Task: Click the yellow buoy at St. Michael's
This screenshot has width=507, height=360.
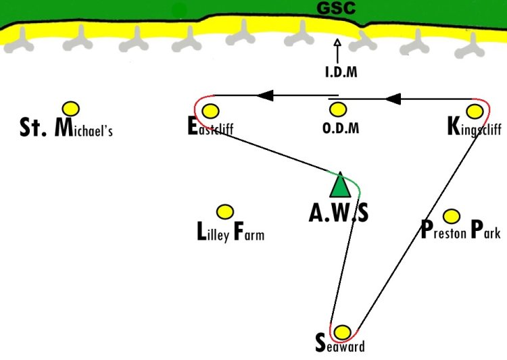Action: point(71,109)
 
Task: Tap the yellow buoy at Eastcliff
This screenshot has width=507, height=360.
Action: point(210,111)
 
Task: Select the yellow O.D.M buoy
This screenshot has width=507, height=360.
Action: point(338,109)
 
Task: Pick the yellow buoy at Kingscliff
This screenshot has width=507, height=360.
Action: point(475,111)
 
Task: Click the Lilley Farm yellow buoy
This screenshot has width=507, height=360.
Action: point(224,212)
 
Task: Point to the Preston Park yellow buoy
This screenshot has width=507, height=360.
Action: point(452,216)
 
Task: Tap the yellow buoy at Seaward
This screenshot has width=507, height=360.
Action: point(342,332)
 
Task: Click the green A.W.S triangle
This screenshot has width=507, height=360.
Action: point(340,185)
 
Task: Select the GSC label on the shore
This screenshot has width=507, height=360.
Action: point(336,7)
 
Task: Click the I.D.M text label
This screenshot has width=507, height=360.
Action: point(341,72)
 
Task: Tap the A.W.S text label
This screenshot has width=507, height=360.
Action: point(339,213)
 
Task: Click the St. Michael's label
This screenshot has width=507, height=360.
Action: point(66,128)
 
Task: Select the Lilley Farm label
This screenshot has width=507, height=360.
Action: point(231,232)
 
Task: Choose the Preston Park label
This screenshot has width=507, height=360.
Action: point(461,230)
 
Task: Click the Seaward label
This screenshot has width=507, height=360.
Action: point(340,344)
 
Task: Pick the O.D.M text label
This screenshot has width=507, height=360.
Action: point(341,128)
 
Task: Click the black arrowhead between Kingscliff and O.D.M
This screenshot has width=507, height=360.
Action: point(393,99)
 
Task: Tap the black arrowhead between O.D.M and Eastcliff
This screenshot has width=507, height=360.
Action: point(265,95)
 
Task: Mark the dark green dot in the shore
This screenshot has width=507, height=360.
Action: point(179,11)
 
